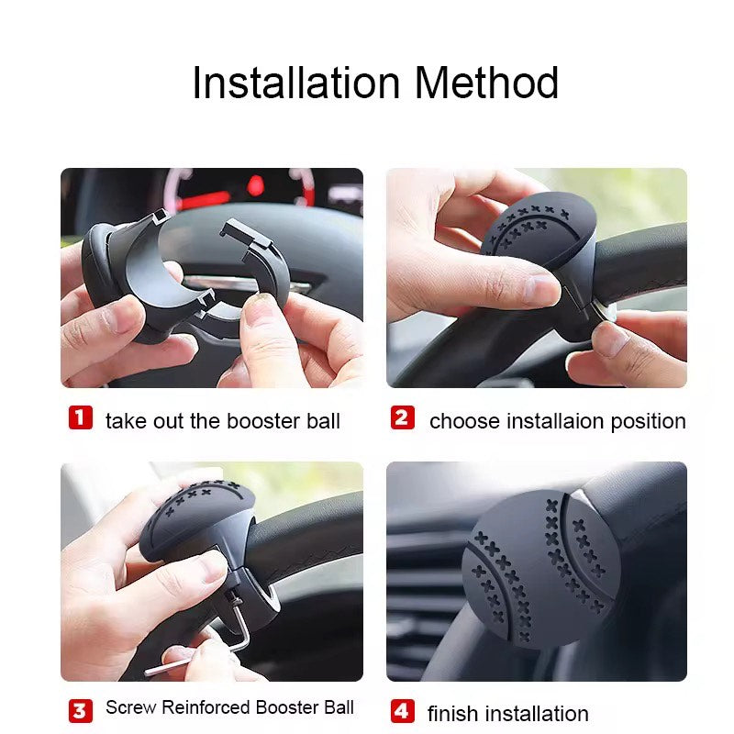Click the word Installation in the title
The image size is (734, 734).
click(x=295, y=83)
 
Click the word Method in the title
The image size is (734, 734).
click(x=486, y=83)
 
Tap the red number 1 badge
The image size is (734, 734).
click(x=81, y=417)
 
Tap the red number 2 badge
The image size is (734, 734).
click(x=403, y=417)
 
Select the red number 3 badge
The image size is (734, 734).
click(x=81, y=711)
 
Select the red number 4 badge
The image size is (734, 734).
click(x=403, y=711)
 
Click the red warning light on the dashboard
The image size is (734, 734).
click(x=256, y=185)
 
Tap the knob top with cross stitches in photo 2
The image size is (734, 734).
click(x=539, y=224)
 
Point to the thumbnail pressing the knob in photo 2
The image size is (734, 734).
click(x=539, y=289)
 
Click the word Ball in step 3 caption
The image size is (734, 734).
click(x=338, y=706)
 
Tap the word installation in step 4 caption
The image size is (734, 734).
click(x=537, y=714)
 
